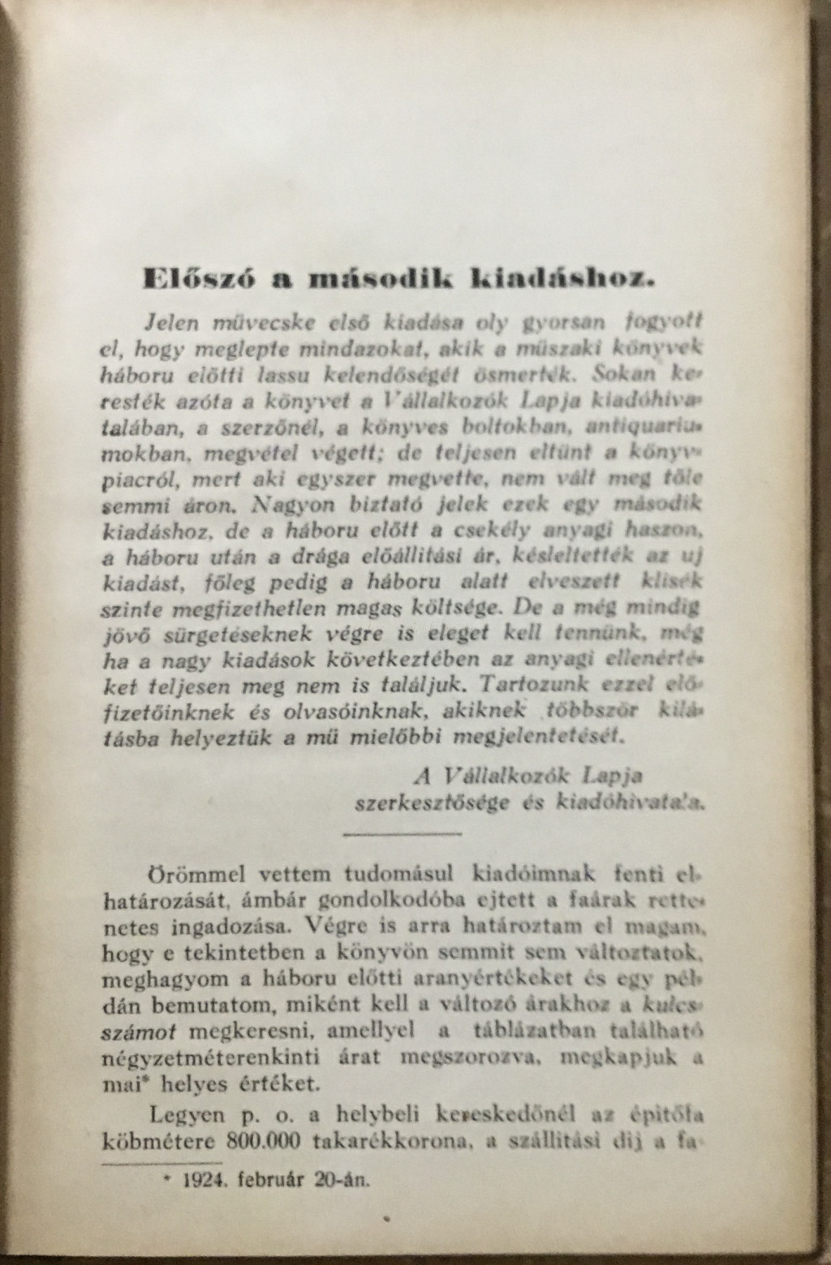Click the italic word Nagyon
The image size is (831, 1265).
[290, 506]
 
